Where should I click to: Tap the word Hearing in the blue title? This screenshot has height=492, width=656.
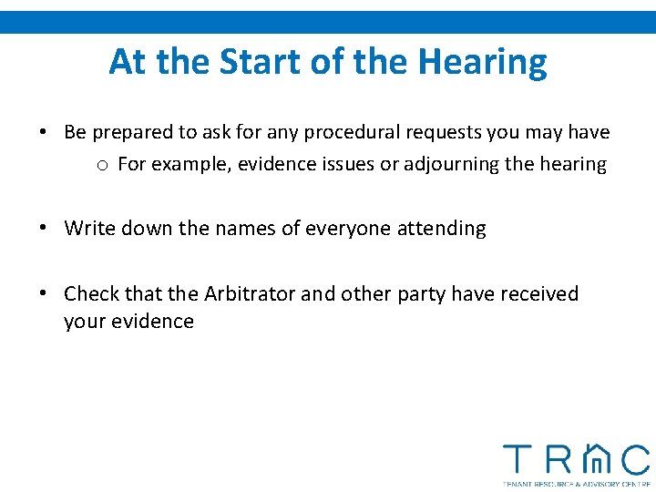coord(483,62)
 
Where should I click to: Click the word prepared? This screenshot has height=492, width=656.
coord(131,132)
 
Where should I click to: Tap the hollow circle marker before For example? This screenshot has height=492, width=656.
coord(104,165)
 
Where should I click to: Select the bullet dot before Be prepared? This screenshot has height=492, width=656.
coord(43,132)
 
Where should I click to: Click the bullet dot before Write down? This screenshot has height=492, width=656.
coord(43,229)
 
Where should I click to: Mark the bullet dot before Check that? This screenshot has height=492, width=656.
coord(43,294)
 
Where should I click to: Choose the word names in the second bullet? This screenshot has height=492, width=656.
coord(245,229)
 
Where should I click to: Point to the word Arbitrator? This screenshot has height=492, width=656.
coord(250,293)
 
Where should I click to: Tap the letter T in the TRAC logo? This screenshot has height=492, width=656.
coord(518,460)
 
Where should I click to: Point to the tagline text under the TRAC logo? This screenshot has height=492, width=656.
coord(576,483)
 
